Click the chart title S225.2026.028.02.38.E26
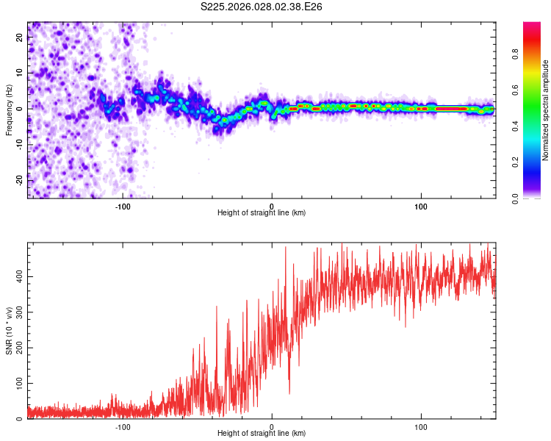pos(262,7)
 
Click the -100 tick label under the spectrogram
pos(123,206)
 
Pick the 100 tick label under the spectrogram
pos(421,206)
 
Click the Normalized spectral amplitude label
pos(546,110)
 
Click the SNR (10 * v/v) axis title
pos(9,331)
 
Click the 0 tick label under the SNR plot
pos(272,426)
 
